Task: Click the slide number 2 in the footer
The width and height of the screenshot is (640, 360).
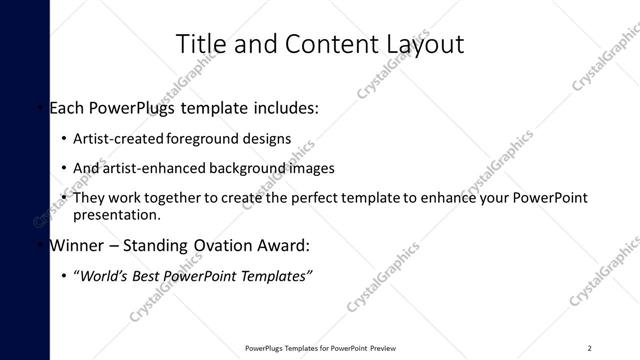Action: [590, 348]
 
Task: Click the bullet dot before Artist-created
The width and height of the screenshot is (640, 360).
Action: [64, 139]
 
